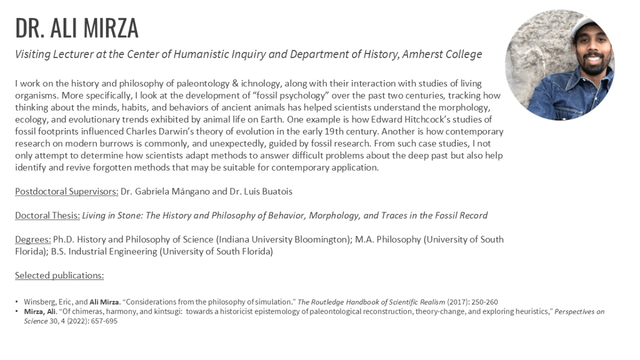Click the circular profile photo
point(559,65)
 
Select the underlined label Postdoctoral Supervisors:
point(67,191)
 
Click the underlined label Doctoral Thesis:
point(47,215)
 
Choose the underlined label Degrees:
point(33,239)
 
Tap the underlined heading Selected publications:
point(59,275)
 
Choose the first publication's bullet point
point(17,302)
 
